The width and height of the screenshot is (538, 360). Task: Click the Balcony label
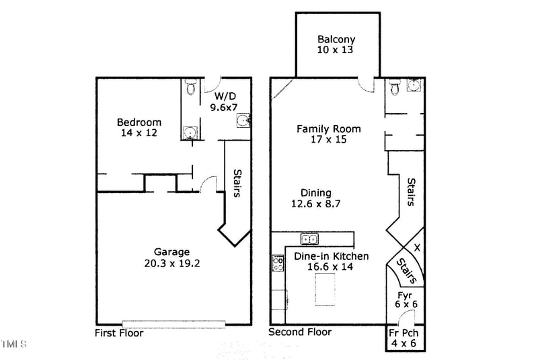(336, 39)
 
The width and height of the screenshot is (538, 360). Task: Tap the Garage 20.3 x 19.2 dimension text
(172, 263)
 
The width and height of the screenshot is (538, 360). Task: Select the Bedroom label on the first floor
(139, 122)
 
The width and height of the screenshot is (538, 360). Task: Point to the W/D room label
(225, 96)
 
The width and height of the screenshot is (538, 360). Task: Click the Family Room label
(329, 129)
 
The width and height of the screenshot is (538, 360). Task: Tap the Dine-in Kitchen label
(332, 256)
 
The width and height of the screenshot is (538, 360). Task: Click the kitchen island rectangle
(325, 289)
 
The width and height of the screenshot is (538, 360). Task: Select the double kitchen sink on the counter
(309, 239)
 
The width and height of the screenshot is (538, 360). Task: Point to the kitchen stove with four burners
(278, 263)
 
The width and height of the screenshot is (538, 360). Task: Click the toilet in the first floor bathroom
(190, 87)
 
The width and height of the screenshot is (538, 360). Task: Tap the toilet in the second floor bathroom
(395, 87)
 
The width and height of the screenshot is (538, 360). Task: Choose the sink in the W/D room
(243, 121)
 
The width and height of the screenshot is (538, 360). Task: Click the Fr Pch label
(404, 333)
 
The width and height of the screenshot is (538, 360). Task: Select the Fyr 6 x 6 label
(406, 299)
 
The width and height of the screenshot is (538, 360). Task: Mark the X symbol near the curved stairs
(417, 248)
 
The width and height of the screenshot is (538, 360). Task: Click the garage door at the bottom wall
(174, 324)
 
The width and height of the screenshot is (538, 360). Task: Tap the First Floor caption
(119, 333)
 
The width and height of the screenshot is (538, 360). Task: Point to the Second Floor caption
(300, 332)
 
